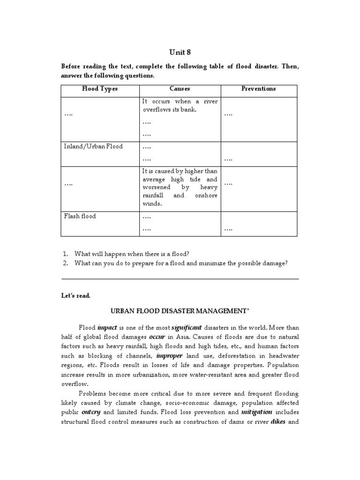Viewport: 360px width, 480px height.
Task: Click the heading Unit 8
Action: click(180, 52)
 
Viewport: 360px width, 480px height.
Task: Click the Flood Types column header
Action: click(100, 89)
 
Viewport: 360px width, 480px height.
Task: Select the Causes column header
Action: click(180, 89)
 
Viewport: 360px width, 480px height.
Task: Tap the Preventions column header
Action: click(258, 89)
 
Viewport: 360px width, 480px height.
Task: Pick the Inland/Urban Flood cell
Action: click(93, 146)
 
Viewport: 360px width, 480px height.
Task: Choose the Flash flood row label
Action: click(80, 217)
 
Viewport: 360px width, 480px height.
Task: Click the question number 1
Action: click(65, 254)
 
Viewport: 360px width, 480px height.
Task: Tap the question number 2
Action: click(65, 263)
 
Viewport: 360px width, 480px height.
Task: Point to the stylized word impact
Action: click(107, 327)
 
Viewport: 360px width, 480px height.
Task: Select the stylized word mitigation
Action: click(257, 412)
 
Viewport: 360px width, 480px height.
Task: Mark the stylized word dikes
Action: click(278, 421)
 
